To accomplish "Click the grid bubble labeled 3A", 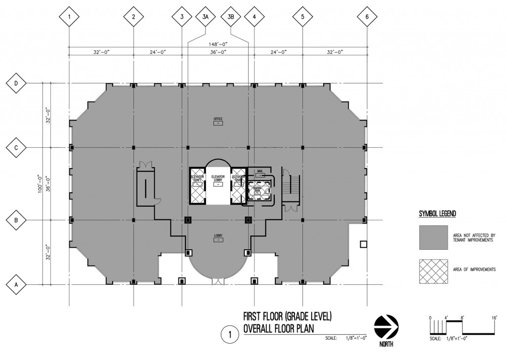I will point(206,17).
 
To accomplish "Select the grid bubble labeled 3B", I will point(231,17).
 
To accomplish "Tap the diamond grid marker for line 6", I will point(366,17).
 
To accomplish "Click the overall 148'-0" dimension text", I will point(218,44).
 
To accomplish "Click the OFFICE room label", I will point(218,119).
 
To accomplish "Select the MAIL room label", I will point(260,171).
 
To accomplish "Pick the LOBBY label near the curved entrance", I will point(217,235).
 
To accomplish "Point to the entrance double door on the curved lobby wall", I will point(217,281).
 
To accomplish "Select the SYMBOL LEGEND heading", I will point(437,214).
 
